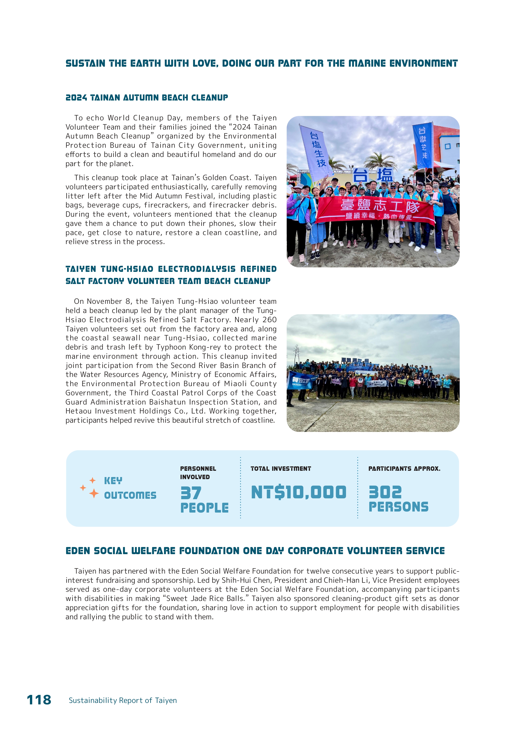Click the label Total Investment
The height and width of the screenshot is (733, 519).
point(281,469)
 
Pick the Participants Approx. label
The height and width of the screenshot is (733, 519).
point(404,469)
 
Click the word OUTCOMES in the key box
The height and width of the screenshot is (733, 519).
point(130,495)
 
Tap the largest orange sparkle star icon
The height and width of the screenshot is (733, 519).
point(94,493)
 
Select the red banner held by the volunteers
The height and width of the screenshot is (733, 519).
point(375,209)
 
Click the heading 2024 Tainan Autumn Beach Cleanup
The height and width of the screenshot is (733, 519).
point(147,98)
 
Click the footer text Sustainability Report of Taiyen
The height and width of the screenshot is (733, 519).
point(123,700)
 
